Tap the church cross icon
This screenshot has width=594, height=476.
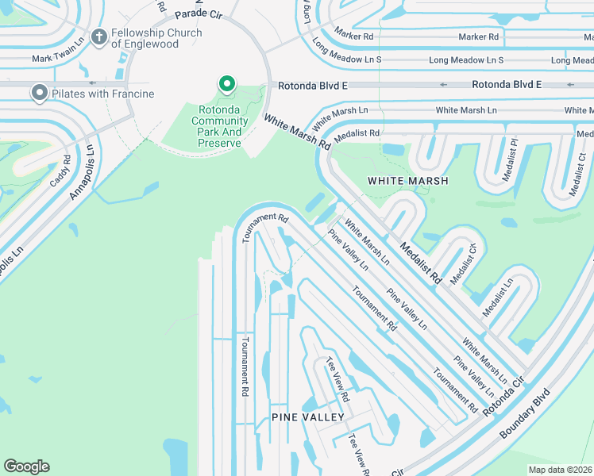99,36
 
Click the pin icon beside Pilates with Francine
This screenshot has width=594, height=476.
39,94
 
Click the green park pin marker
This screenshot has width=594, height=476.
227,84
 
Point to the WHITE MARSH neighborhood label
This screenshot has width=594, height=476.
407,181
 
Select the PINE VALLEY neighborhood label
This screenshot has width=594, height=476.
308,416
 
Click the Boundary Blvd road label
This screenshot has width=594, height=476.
526,413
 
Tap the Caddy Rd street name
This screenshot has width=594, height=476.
61,171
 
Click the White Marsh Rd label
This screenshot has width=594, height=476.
297,132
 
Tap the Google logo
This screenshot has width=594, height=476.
27,466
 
